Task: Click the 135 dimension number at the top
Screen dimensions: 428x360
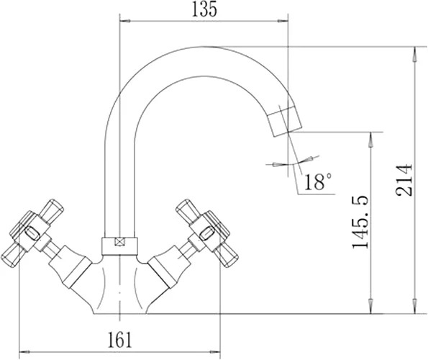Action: tap(204, 9)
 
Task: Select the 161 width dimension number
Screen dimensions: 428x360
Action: tap(120, 340)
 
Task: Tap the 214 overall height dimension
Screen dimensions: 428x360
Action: tap(404, 180)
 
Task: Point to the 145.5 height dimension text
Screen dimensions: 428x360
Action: tap(360, 222)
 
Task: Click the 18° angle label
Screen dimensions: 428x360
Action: tap(318, 181)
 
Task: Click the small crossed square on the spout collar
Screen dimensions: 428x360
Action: tap(119, 242)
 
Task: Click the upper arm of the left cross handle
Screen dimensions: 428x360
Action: tap(51, 211)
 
